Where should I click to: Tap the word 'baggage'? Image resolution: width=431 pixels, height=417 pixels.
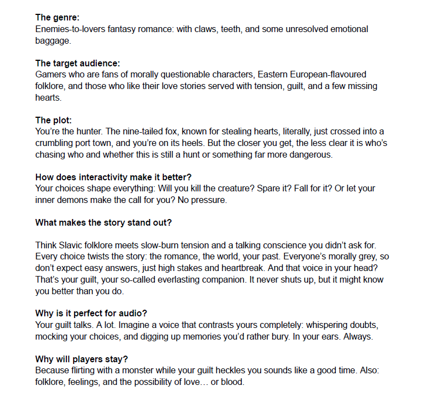[x=53, y=40]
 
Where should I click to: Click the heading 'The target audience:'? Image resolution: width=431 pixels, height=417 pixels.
[x=78, y=63]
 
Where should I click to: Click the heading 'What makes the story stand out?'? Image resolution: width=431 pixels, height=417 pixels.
[x=103, y=222]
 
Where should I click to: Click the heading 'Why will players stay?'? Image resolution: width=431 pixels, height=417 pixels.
[x=81, y=359]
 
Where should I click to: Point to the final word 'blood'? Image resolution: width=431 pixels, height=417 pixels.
[x=232, y=382]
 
